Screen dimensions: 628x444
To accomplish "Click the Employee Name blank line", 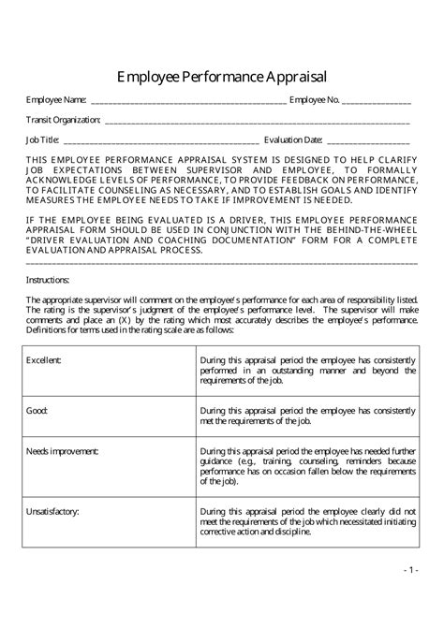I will (187, 100).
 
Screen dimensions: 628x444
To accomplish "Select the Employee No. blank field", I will (377, 100).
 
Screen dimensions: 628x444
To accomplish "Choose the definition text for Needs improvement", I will (307, 466).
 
